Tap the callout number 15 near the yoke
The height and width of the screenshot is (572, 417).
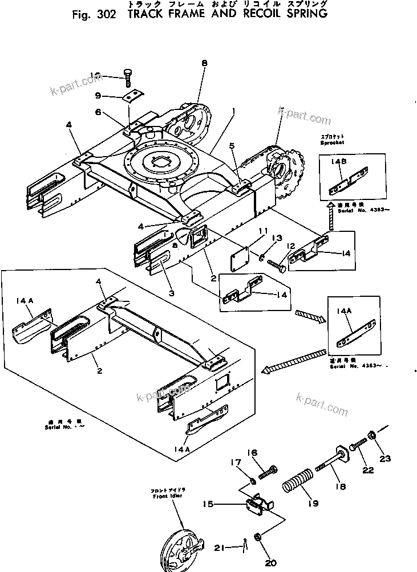(x=208, y=504)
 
